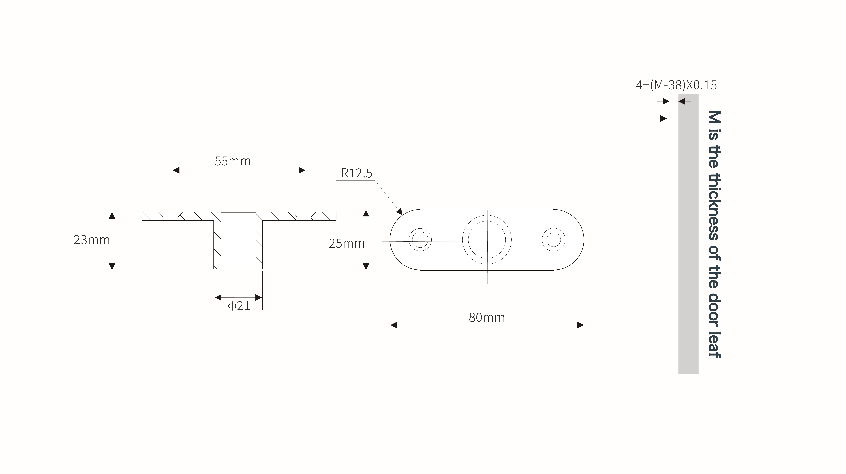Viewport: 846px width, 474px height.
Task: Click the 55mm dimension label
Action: [x=233, y=161]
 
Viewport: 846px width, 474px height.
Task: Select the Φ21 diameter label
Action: [x=239, y=306]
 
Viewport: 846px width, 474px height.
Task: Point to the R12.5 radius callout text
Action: [x=357, y=173]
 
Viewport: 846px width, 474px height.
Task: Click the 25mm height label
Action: [x=347, y=243]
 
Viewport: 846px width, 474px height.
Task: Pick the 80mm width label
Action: [x=487, y=317]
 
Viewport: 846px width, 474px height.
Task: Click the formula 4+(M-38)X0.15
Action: [x=676, y=85]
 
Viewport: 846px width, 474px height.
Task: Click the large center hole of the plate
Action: [x=487, y=239]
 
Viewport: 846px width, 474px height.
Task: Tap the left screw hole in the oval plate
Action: [x=420, y=239]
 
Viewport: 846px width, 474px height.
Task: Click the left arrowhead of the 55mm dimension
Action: [x=176, y=170]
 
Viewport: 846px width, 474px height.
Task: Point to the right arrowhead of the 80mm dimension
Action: [x=580, y=325]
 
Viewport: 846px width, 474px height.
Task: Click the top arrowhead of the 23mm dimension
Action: [x=112, y=215]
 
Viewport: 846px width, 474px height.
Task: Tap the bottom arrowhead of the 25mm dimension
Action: [x=366, y=266]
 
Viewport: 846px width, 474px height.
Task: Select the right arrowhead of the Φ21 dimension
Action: [x=259, y=298]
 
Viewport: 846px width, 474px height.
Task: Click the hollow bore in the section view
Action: [x=238, y=240]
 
